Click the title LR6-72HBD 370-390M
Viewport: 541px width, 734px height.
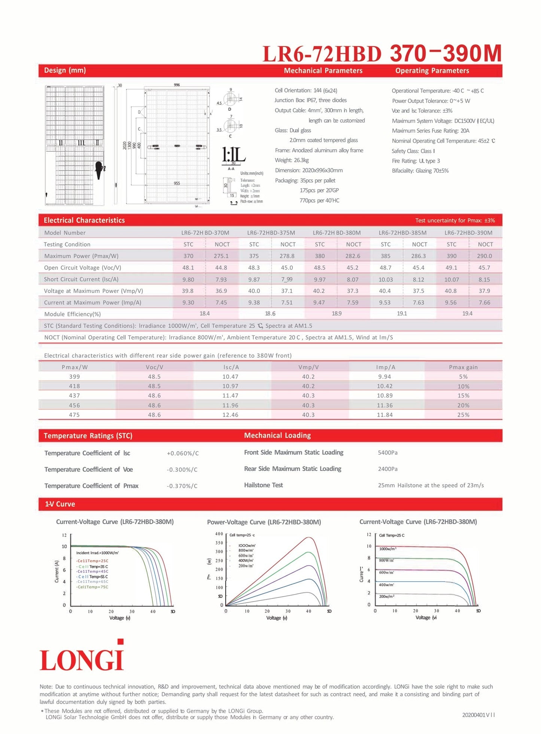click(x=382, y=54)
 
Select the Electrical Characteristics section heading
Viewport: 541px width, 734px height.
click(x=84, y=220)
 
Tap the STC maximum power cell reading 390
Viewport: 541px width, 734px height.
click(x=451, y=256)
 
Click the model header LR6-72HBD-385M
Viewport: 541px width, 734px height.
click(x=402, y=233)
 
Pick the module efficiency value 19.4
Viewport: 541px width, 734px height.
click(x=467, y=314)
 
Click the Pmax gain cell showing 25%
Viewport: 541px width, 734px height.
click(x=463, y=415)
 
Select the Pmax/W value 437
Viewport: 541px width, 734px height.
click(x=74, y=396)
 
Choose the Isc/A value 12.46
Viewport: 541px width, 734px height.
click(x=230, y=415)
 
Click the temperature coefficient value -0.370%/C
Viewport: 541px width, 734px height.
click(x=182, y=486)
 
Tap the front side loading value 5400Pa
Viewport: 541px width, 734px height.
click(x=387, y=453)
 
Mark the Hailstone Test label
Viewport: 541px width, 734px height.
click(x=263, y=485)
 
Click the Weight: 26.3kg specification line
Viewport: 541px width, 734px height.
click(x=292, y=160)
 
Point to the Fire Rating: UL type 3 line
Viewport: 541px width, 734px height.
click(x=416, y=161)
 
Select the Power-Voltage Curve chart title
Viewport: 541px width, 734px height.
click(x=264, y=522)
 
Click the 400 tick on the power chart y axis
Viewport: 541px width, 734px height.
click(x=219, y=534)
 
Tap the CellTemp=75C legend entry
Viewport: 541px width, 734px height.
click(x=92, y=587)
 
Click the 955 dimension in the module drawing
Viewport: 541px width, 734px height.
click(x=177, y=183)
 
